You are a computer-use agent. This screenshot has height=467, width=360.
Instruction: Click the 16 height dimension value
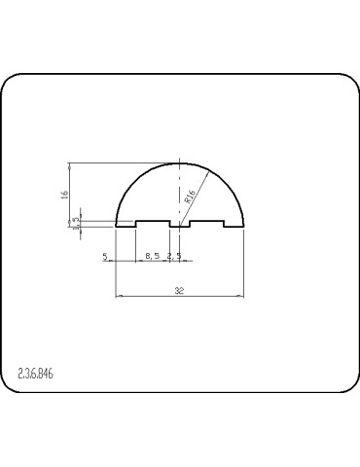pos(64,195)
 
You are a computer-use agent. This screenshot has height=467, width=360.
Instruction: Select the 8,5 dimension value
pos(152,256)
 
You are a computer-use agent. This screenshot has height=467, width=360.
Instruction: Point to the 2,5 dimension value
pos(174,256)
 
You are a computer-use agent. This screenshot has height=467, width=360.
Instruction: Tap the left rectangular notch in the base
pos(152,223)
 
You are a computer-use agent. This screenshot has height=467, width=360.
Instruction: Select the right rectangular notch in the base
pos(208,223)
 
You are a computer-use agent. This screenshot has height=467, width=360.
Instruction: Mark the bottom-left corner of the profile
pos(117,228)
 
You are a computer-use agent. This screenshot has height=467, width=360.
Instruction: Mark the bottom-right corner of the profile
pos(244,228)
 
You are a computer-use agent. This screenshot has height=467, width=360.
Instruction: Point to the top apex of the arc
pos(180,162)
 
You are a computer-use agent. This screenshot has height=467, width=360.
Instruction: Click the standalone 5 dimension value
pos(103,256)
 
